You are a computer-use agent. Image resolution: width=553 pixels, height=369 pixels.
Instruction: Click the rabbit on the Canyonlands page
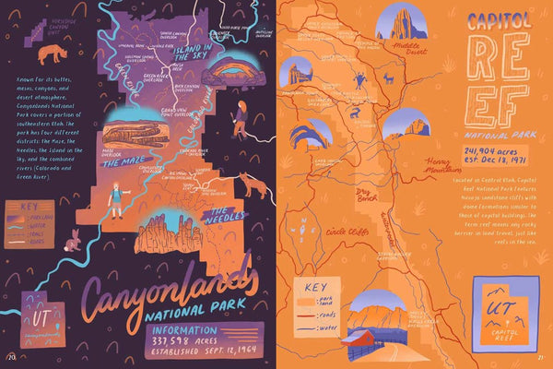(x=72, y=242)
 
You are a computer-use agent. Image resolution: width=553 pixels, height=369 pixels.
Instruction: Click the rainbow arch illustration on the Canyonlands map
(x=235, y=72)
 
